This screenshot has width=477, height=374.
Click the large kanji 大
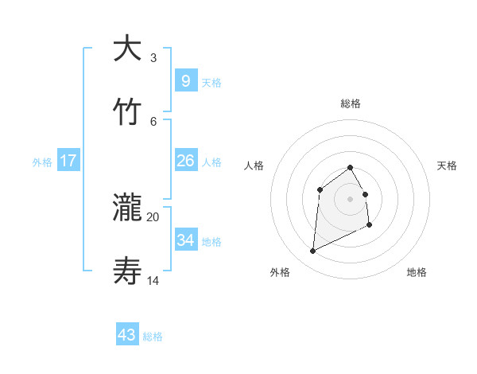[x=128, y=49]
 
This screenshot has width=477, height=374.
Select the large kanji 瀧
[x=128, y=208]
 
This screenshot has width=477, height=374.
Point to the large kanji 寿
[x=128, y=271]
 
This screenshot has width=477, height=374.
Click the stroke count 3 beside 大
[x=153, y=58]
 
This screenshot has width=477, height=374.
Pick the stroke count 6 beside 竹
[x=153, y=121]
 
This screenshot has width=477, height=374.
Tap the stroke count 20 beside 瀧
[x=153, y=216]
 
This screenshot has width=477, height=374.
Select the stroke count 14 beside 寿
[x=153, y=280]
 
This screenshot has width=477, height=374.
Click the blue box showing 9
[x=185, y=80]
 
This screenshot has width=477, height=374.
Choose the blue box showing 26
[x=185, y=161]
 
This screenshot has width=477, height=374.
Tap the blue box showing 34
[x=185, y=240]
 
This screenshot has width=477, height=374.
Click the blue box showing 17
[x=68, y=161]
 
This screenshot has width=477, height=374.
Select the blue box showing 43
[x=127, y=335]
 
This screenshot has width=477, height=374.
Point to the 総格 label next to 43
[x=153, y=337]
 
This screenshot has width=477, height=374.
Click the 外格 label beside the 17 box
[x=42, y=162]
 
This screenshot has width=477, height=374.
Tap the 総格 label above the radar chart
[x=351, y=103]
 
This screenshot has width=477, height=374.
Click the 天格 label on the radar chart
[x=448, y=166]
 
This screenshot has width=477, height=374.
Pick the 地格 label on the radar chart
[x=417, y=272]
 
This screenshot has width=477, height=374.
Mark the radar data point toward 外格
[x=313, y=251]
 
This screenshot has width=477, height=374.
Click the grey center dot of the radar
[x=351, y=199]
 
